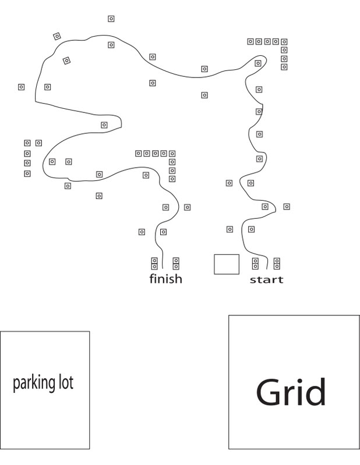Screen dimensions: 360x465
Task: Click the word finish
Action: (x=165, y=279)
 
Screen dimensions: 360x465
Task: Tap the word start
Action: (x=267, y=280)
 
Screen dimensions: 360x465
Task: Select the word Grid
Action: (x=291, y=392)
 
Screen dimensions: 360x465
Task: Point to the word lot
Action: (x=66, y=382)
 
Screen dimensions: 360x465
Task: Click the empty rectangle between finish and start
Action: (x=227, y=264)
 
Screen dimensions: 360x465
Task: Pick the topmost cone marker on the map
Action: (x=111, y=19)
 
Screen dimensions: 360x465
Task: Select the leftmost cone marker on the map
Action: (x=21, y=87)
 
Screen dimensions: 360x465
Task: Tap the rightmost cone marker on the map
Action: (x=287, y=207)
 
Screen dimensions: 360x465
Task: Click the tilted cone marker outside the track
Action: (x=57, y=36)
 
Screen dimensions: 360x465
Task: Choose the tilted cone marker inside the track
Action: (x=66, y=61)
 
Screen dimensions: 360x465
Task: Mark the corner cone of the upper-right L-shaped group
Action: (x=284, y=41)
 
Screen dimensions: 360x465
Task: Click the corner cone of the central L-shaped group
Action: (x=172, y=154)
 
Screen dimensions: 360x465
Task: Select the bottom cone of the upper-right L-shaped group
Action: (x=284, y=67)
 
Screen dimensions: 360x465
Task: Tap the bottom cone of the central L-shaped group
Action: (x=172, y=179)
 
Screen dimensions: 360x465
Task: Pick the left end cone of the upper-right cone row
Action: (x=250, y=41)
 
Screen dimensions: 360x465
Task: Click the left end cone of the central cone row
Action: (x=138, y=153)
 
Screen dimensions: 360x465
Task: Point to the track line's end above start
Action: (x=267, y=269)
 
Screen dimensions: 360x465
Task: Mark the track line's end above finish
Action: (x=163, y=269)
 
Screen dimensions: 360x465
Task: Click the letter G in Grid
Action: (x=269, y=392)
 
